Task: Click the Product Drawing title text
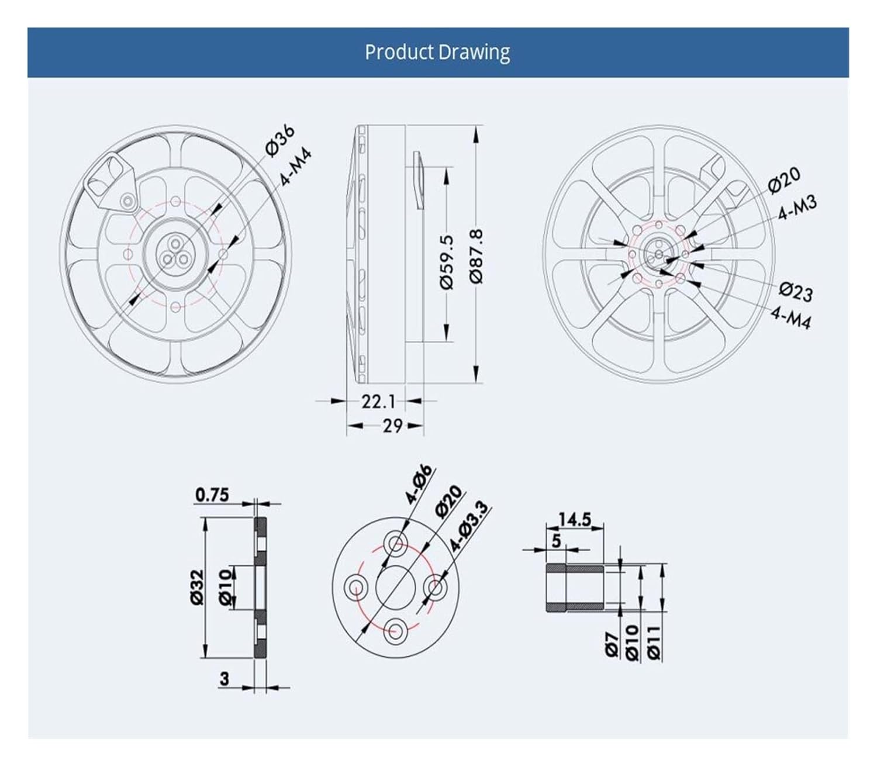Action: click(x=437, y=52)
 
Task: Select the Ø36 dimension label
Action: click(x=280, y=141)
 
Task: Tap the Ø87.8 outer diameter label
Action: click(x=477, y=256)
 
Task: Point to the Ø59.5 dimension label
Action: click(x=446, y=261)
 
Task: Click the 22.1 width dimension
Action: click(x=378, y=402)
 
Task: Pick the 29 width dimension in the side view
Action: click(x=392, y=426)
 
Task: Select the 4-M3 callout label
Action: click(x=797, y=207)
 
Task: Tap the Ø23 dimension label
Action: click(x=796, y=291)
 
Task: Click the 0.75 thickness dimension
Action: click(x=212, y=495)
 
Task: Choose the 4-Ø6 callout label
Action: click(x=419, y=484)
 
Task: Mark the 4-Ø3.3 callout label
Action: click(x=468, y=526)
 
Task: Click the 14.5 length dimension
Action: click(x=574, y=519)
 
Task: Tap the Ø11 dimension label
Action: click(x=654, y=642)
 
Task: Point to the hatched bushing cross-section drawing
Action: click(x=575, y=588)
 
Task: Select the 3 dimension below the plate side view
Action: click(x=224, y=679)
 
